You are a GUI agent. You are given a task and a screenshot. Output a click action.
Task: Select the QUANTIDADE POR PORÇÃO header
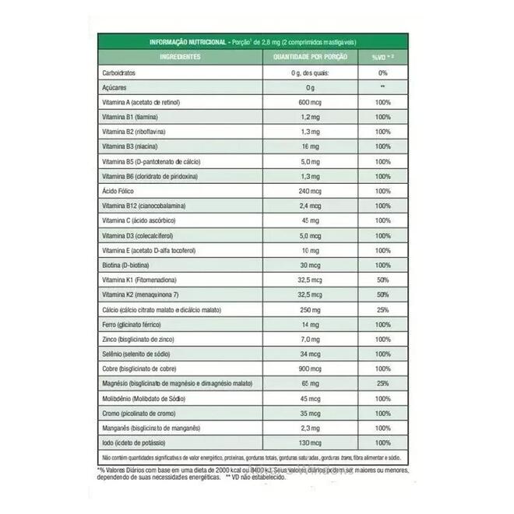pos(311,58)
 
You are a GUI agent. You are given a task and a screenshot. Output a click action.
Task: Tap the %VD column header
pos(382,58)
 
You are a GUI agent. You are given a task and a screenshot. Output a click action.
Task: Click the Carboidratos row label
pos(119,72)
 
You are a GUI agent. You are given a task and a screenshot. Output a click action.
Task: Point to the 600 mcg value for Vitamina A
pos(311,102)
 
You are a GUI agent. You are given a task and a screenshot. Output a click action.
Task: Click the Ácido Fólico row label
pos(118,191)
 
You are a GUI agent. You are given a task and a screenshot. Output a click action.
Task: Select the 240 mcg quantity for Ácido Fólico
pos(311,191)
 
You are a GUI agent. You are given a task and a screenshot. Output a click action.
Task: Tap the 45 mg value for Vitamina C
pos(311,220)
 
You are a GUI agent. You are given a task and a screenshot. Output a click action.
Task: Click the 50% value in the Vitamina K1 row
pos(382,279)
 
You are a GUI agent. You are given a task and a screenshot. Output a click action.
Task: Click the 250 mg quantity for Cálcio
pos(311,308)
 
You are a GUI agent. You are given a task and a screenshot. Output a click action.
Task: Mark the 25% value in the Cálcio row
pos(382,308)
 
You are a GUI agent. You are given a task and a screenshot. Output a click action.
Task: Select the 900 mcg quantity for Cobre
pos(311,368)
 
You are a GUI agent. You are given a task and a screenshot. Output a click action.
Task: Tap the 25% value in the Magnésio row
pos(382,382)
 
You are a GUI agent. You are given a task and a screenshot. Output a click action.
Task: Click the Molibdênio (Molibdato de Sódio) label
pos(147,397)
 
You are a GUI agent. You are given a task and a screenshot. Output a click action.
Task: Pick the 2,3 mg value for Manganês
pos(311,427)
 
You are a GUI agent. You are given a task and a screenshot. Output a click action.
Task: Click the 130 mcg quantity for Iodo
pos(311,442)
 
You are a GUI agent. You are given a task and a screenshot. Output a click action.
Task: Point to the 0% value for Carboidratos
pos(382,72)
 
